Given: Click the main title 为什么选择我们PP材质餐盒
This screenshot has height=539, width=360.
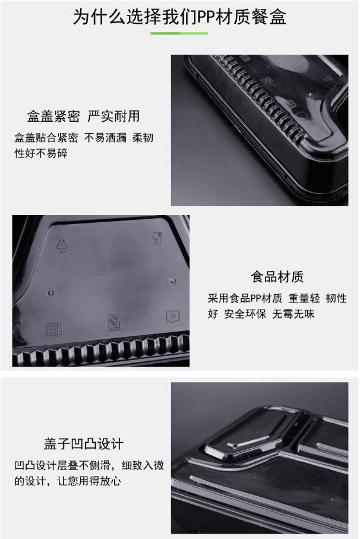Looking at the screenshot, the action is tap(179, 17).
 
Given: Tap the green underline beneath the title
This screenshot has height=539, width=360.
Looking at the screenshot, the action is tap(179, 33).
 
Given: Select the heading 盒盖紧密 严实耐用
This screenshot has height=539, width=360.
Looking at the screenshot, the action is tap(84, 116).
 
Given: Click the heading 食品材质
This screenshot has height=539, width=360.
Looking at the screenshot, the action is tap(277, 277).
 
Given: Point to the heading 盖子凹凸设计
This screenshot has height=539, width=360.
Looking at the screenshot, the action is tap(84, 444).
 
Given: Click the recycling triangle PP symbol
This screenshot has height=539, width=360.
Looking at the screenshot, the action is tap(62, 245).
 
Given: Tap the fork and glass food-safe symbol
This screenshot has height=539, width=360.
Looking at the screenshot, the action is tap(157, 239).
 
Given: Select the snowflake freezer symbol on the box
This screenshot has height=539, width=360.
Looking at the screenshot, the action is tap(173, 316).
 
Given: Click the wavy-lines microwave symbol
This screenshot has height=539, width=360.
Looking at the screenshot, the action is tap(54, 329).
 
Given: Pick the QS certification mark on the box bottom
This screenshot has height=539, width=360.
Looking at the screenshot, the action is tap(113, 322).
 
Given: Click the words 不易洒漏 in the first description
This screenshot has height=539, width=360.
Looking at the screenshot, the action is tap(106, 138).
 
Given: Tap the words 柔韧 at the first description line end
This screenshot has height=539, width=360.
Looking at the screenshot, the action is tap(143, 138).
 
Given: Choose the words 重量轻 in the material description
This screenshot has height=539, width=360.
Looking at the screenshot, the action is tap(304, 298).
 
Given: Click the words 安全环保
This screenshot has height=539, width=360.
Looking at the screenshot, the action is tap(245, 314).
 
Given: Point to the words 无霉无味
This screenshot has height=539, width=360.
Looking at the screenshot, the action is tap(293, 314).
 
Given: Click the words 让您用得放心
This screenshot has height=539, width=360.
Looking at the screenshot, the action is tap(89, 481).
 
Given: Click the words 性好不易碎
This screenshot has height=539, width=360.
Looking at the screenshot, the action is tap(41, 153).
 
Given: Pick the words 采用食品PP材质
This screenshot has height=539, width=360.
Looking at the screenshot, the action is tap(245, 298).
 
